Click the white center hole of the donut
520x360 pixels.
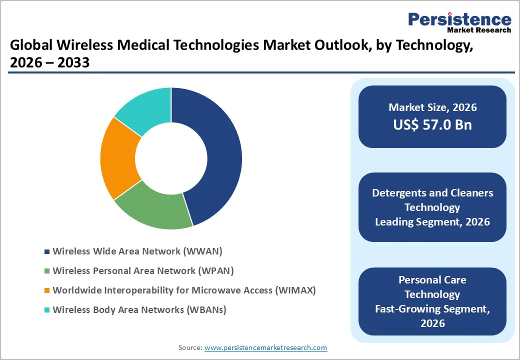point(171,158)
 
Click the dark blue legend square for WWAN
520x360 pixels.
point(47,251)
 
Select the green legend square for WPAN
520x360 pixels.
point(47,271)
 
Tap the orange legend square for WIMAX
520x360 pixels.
point(47,290)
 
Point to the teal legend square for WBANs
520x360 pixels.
point(47,310)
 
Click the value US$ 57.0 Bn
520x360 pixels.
point(432,124)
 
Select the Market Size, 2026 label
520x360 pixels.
point(432,107)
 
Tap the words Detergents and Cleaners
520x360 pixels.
point(432,193)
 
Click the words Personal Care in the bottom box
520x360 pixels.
point(432,280)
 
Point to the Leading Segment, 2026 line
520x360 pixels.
point(432,222)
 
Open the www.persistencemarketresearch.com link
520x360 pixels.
point(265,347)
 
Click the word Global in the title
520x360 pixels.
point(31,46)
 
